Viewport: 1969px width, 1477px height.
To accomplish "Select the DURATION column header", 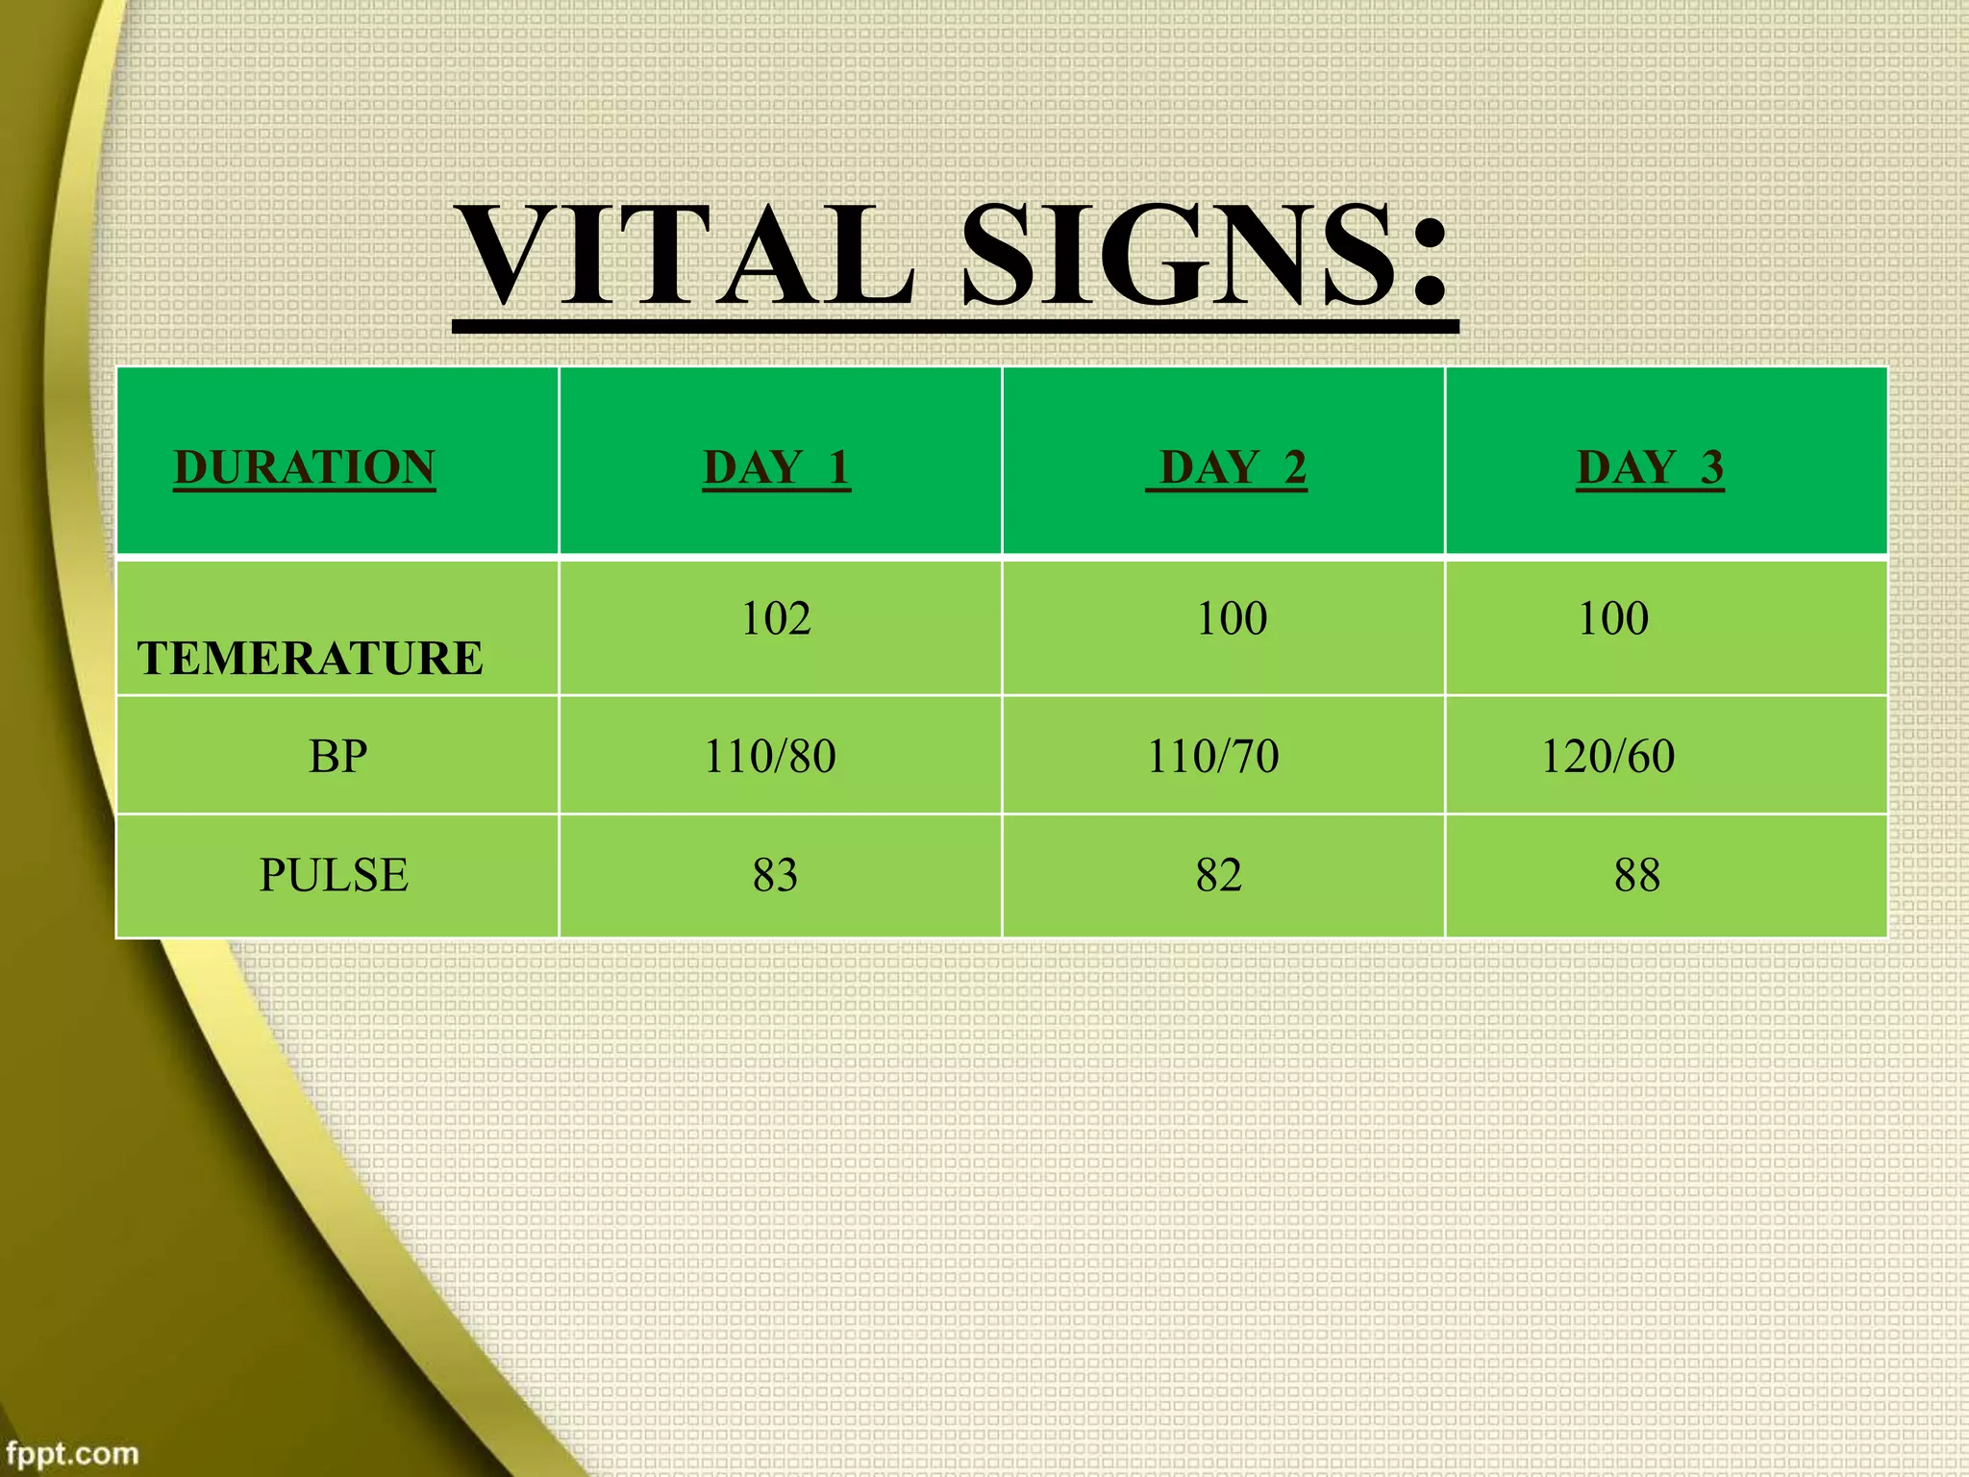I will point(305,468).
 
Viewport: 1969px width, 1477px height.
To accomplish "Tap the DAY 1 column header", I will point(776,468).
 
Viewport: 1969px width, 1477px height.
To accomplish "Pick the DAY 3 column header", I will point(1650,468).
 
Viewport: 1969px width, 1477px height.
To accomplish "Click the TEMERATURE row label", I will point(310,659).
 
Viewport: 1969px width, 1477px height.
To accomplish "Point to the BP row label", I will point(337,757).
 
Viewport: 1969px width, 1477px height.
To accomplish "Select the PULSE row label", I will point(334,875).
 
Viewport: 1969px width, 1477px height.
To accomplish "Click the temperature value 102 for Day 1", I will point(776,618).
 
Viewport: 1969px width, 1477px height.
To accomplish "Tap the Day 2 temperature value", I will point(1232,618).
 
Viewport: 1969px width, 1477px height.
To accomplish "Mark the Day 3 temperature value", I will point(1613,618).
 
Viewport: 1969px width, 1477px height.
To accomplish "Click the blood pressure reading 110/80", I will point(770,757).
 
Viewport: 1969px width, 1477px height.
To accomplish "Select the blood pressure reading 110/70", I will point(1213,757).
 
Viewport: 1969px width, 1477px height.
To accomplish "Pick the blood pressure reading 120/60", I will point(1608,757).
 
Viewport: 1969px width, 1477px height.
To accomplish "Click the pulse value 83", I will point(775,875).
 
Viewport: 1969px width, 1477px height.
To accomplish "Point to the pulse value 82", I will point(1219,875).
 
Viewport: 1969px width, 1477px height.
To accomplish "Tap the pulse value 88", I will point(1637,875).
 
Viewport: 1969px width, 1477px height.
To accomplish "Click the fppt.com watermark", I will point(72,1452).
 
